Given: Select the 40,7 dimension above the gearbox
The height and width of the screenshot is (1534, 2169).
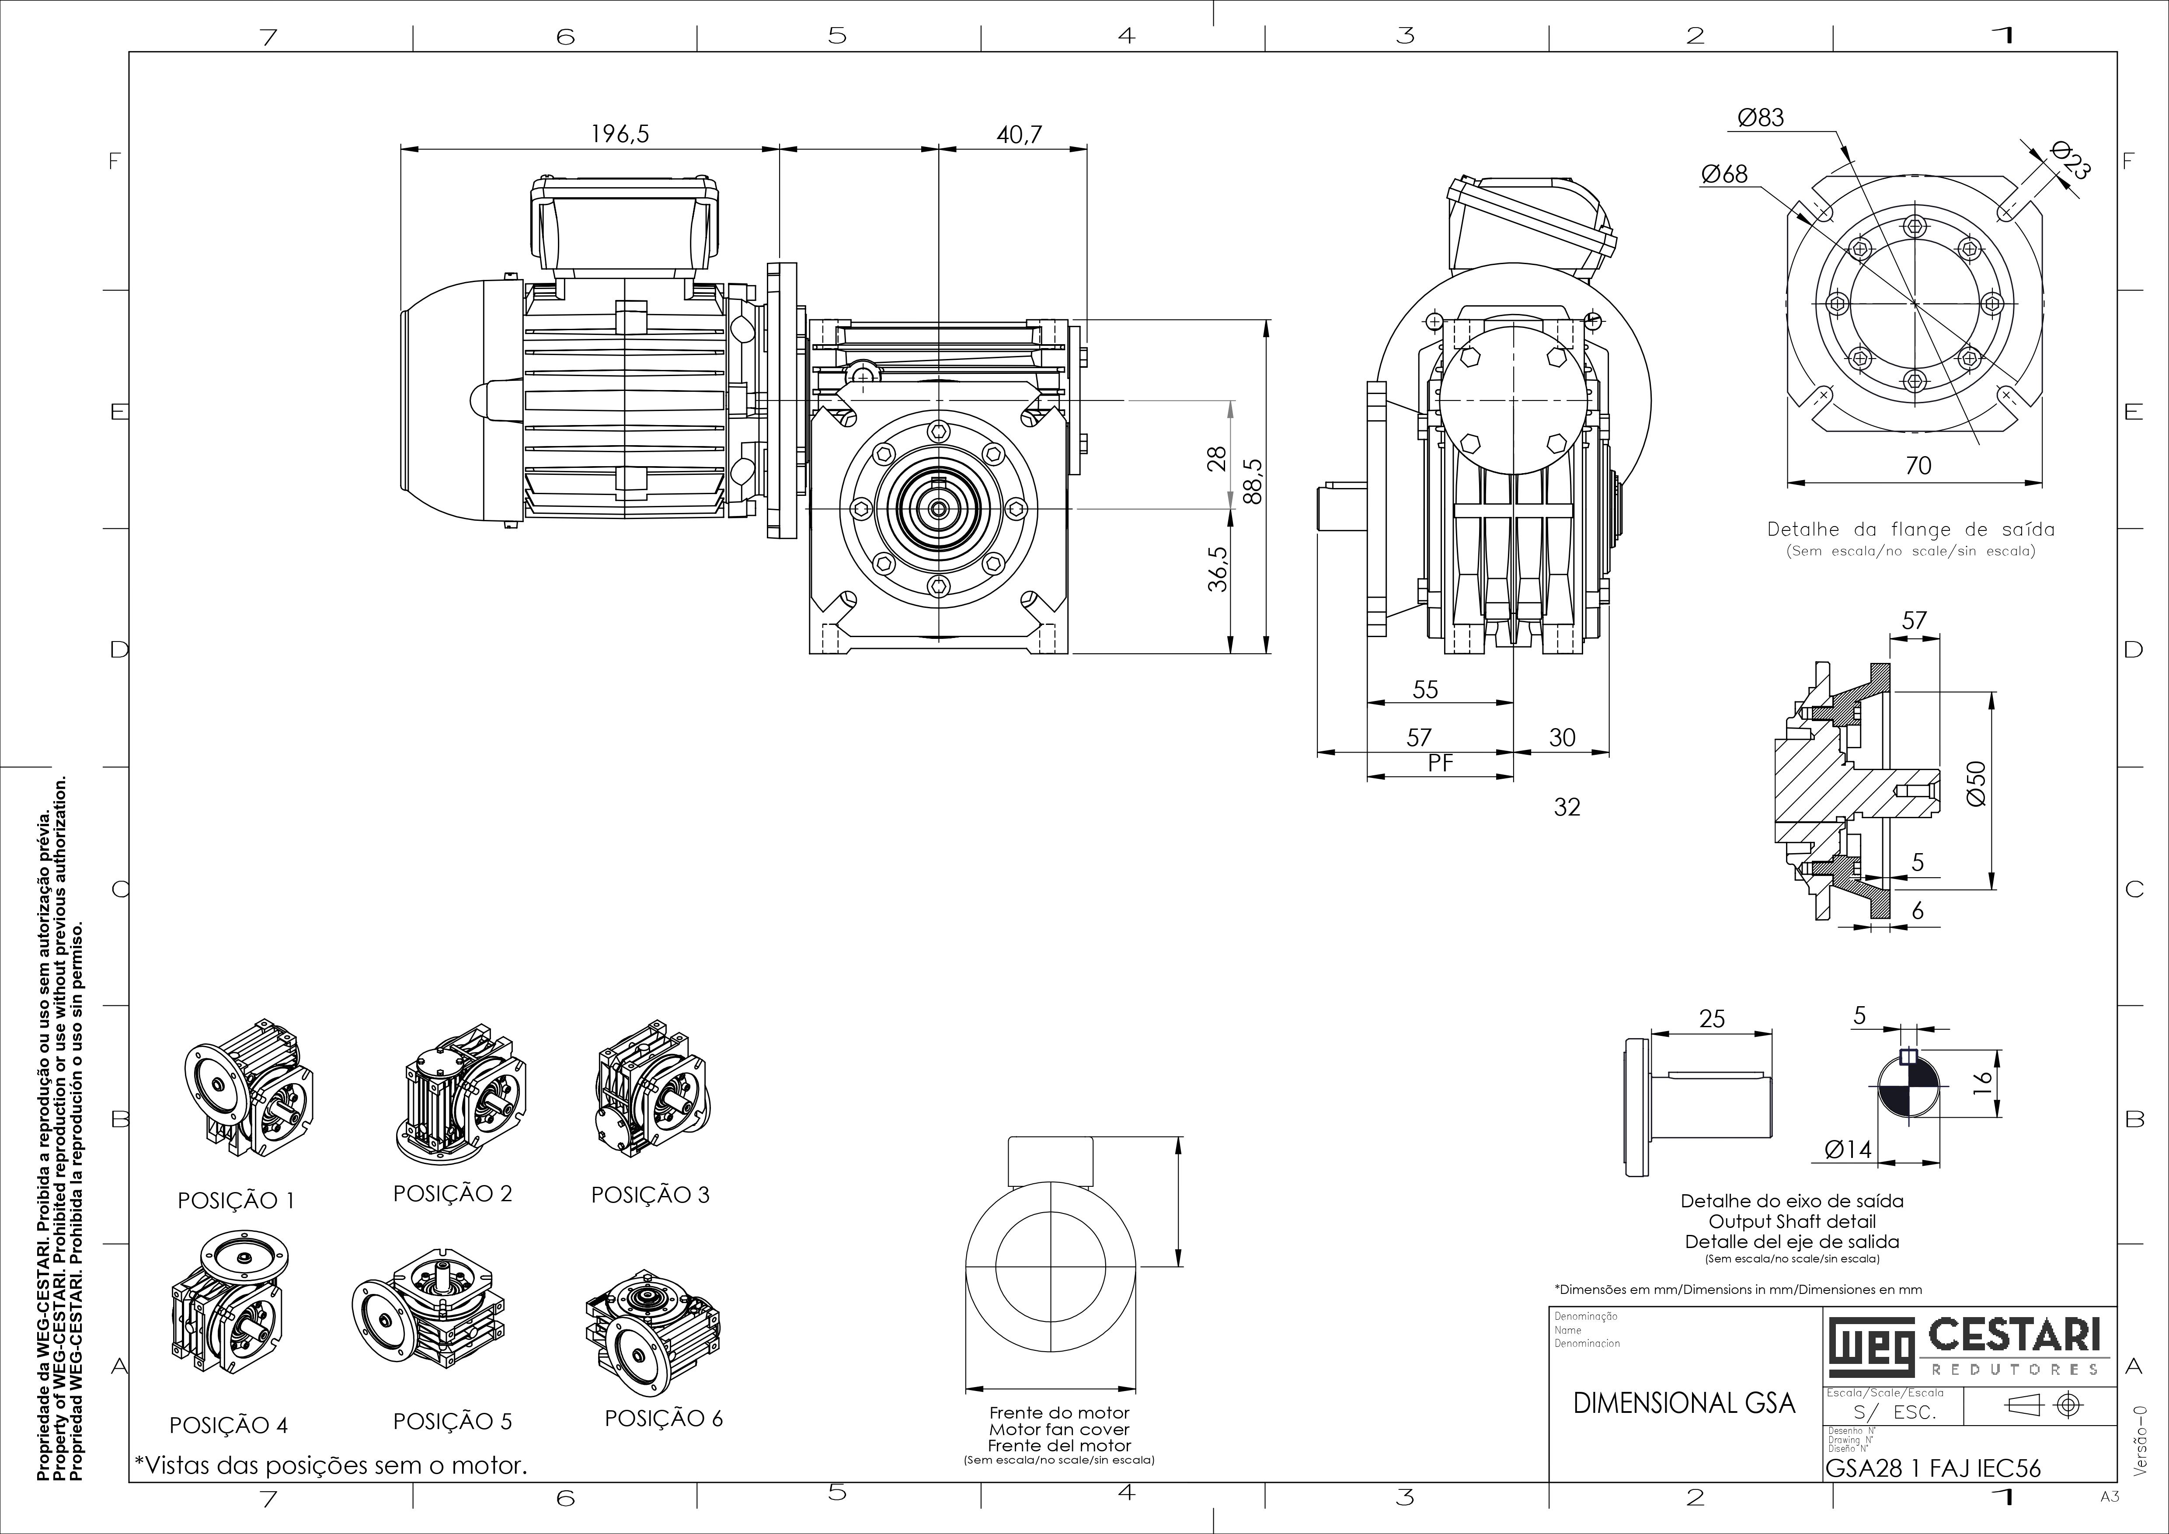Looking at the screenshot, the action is click(x=1019, y=134).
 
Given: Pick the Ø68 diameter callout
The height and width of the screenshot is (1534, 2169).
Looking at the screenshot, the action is click(x=1724, y=174).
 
